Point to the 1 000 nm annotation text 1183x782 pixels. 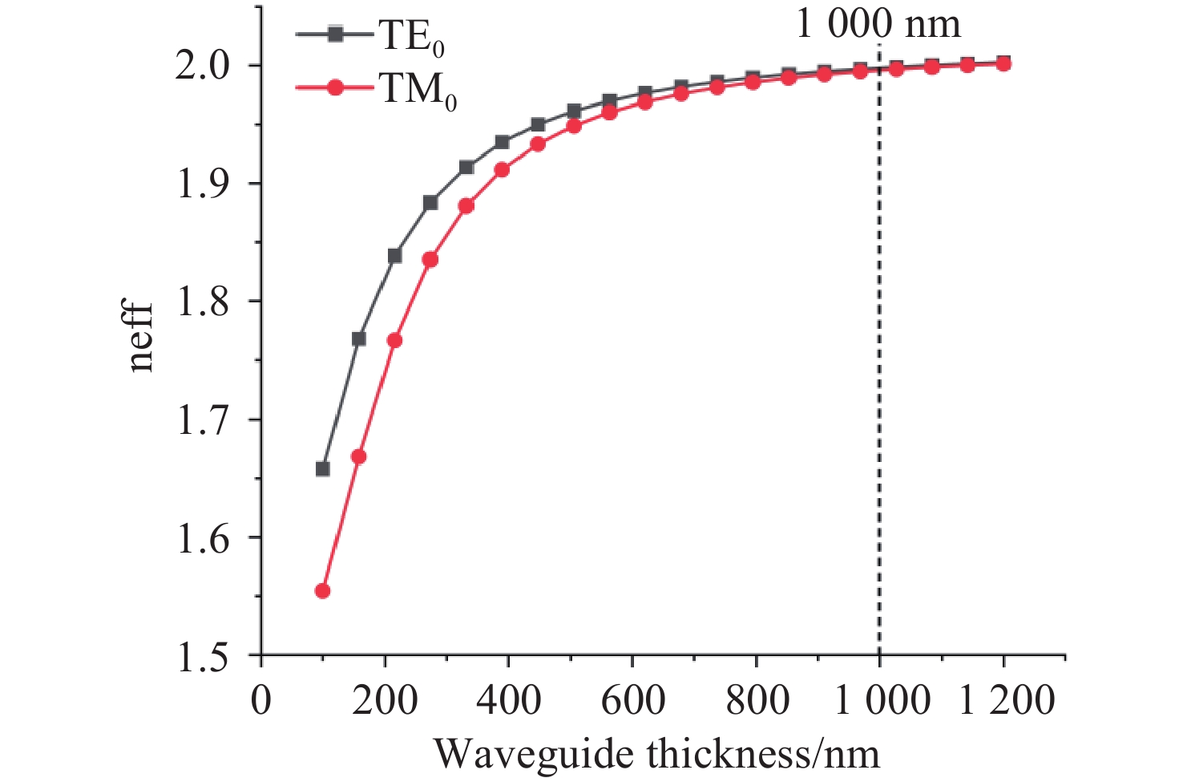coord(878,23)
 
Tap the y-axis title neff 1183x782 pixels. coord(140,337)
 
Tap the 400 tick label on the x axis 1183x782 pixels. coord(509,700)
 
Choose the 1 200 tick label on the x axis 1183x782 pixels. coord(1007,700)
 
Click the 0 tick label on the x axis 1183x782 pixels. coord(261,700)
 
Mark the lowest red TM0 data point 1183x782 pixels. coord(323,591)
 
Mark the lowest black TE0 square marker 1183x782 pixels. coord(323,469)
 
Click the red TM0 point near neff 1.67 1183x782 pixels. coord(359,456)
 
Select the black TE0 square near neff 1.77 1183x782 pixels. coord(359,339)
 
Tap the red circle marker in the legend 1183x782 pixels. coord(336,87)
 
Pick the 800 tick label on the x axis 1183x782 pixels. coord(757,700)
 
